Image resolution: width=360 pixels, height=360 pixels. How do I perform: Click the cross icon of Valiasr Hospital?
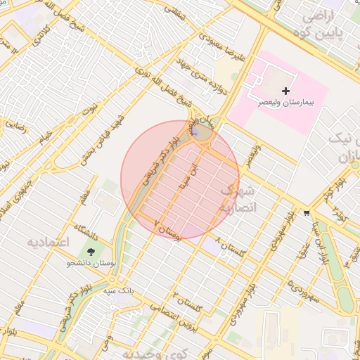pyautogui.click(x=285, y=91)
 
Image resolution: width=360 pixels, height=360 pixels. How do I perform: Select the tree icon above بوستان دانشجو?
pyautogui.click(x=90, y=252)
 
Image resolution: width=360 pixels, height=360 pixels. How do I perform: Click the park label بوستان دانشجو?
pyautogui.click(x=90, y=264)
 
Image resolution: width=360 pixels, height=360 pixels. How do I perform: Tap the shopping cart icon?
pyautogui.click(x=307, y=212)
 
